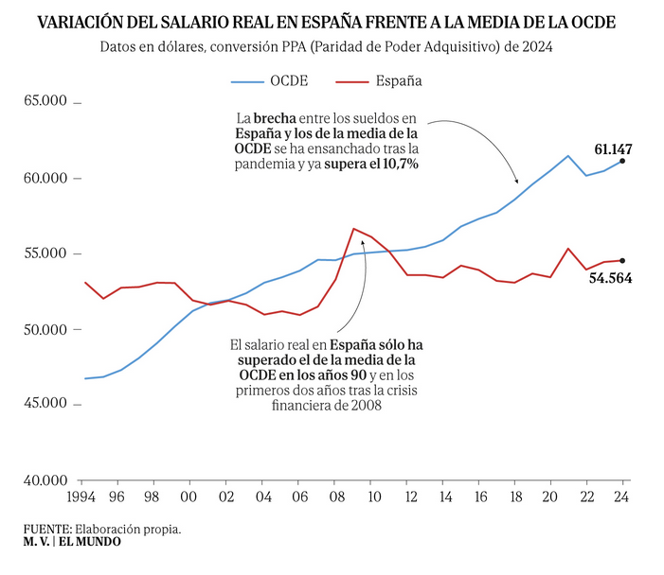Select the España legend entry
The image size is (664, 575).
[401, 80]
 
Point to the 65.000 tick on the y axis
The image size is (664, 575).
[45, 102]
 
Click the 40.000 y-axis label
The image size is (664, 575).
[45, 480]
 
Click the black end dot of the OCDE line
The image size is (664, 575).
[622, 161]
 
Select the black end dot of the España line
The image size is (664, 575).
[622, 260]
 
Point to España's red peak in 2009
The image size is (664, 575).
[353, 229]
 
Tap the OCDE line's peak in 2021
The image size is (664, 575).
[567, 156]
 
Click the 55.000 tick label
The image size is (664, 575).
[45, 253]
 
